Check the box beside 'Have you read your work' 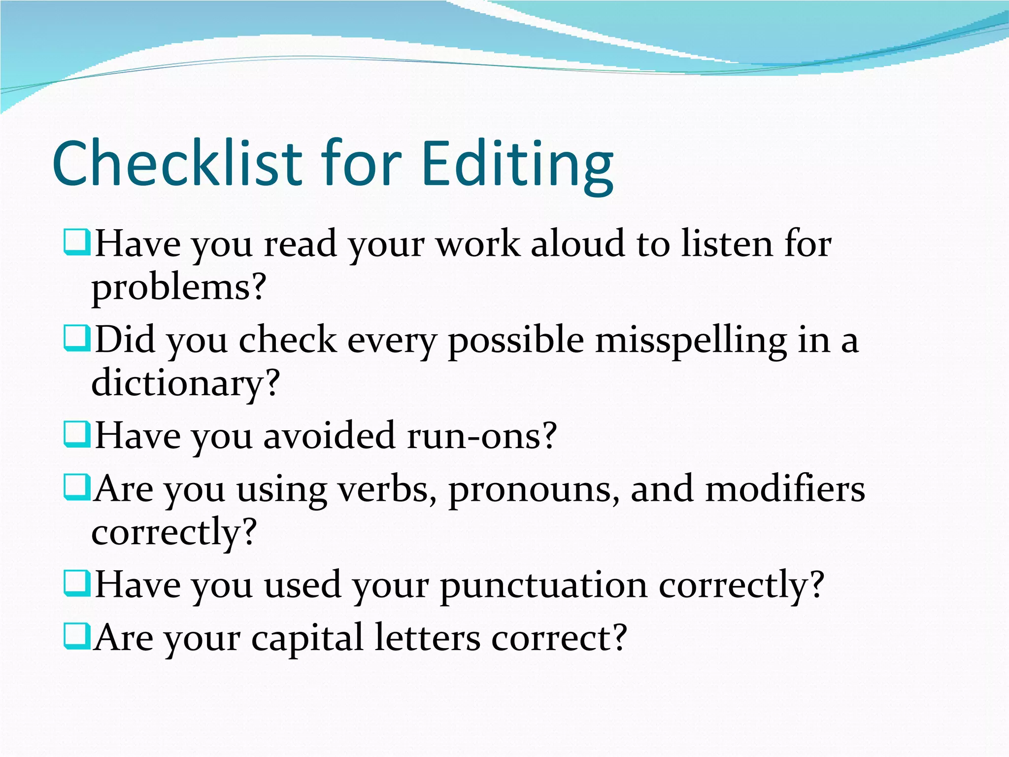(x=77, y=241)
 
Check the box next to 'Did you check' (x=77, y=338)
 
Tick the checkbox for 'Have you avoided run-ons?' (x=77, y=434)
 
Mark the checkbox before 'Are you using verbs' (x=77, y=487)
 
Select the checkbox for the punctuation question (x=77, y=583)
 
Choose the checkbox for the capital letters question (x=77, y=636)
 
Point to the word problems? (x=179, y=288)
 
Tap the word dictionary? (x=186, y=383)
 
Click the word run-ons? (x=481, y=436)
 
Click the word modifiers (x=785, y=489)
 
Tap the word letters (x=427, y=639)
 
